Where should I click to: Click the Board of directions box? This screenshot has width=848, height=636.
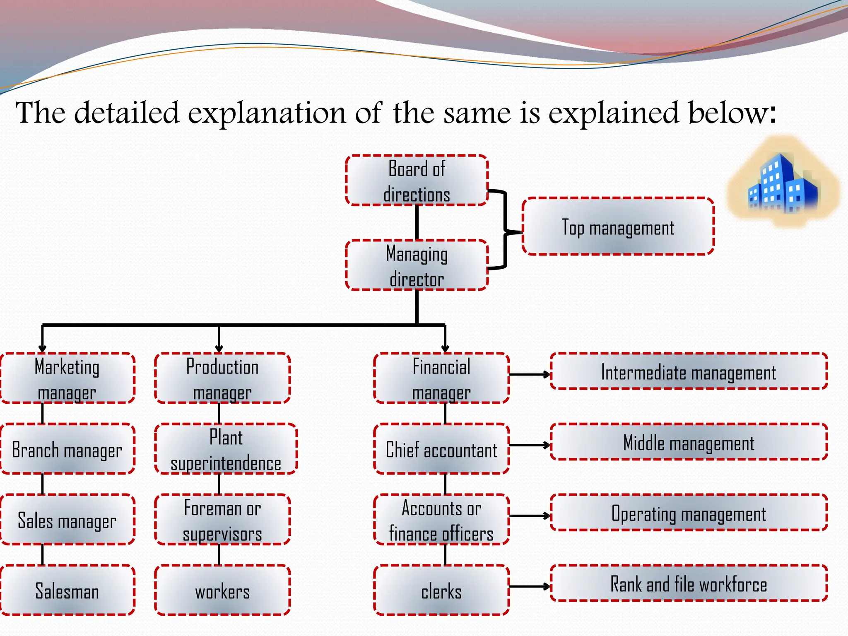(x=417, y=181)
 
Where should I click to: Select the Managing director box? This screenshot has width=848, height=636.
(x=417, y=265)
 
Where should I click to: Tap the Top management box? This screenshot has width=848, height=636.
(x=618, y=226)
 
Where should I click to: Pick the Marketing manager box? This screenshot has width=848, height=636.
(x=67, y=378)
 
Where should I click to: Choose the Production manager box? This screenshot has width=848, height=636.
(x=222, y=378)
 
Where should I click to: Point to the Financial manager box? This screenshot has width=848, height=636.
(x=441, y=378)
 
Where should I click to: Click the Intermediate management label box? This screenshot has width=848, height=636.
(x=689, y=371)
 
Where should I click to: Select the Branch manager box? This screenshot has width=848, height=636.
(x=67, y=449)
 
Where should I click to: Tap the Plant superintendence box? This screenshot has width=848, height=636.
(x=226, y=449)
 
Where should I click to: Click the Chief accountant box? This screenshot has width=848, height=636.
(x=441, y=449)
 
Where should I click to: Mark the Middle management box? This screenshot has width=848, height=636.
(x=689, y=442)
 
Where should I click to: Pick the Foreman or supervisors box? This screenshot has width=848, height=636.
(x=222, y=520)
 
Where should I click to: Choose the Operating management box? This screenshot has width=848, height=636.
(x=689, y=513)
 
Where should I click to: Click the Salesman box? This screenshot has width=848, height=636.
(x=67, y=590)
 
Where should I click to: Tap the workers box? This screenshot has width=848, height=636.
(x=222, y=590)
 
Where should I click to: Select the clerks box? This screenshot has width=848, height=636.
(x=441, y=590)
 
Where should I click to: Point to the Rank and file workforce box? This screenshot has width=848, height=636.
(x=689, y=583)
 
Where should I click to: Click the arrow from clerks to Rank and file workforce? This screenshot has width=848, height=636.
(x=530, y=586)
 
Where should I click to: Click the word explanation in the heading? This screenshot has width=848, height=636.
(x=267, y=113)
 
